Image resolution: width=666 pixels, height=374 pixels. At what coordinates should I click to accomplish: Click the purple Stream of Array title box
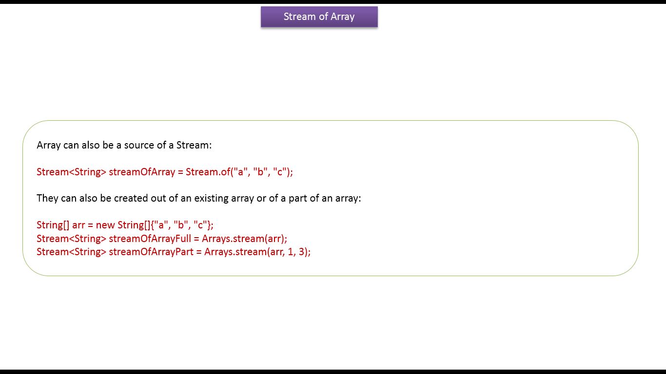click(319, 17)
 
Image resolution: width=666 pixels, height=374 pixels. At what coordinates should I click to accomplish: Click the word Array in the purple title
click(343, 17)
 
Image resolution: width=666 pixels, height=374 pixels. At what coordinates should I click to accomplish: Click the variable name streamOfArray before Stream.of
click(142, 172)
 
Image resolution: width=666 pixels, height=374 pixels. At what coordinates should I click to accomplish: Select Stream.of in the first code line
click(208, 172)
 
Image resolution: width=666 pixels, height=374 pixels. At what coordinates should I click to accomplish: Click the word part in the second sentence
click(298, 198)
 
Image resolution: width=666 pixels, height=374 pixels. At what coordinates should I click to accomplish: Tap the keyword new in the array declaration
click(105, 225)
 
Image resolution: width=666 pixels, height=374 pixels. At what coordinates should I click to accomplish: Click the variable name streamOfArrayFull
click(150, 239)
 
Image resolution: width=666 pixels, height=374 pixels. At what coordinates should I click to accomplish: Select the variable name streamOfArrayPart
click(151, 252)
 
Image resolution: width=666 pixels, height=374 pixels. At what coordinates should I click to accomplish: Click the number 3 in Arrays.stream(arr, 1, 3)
click(301, 252)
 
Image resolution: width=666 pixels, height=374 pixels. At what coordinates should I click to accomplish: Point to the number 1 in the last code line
click(291, 252)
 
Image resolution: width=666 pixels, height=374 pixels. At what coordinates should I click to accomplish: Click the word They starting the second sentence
click(47, 198)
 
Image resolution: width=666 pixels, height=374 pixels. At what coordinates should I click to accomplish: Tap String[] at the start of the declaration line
click(53, 225)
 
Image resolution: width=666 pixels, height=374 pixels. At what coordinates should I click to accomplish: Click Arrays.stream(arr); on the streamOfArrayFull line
click(244, 239)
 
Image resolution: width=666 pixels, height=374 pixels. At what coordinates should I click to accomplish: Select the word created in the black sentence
click(131, 198)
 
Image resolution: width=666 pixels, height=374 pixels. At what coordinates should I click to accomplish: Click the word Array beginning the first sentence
click(49, 145)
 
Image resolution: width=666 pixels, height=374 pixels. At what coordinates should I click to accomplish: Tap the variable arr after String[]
click(78, 225)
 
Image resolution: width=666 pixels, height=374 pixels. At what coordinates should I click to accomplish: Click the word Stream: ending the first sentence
click(194, 145)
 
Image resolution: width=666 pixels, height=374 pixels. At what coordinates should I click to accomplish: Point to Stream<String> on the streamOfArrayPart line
click(71, 252)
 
